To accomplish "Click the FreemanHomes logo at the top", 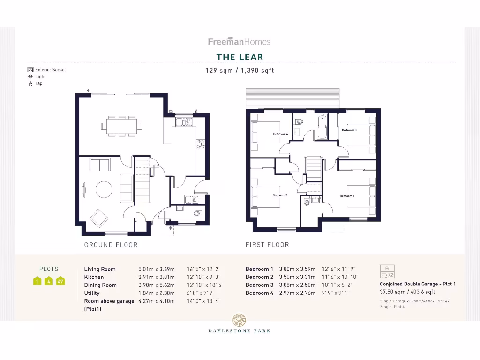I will (239, 42).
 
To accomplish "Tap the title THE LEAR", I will (240, 57).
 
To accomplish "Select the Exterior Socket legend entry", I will (47, 70).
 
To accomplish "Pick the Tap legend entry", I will (36, 83).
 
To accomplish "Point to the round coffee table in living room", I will (104, 189).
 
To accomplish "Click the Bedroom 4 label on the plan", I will (280, 134).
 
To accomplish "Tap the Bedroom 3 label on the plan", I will (349, 130).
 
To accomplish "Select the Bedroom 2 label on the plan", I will (280, 195).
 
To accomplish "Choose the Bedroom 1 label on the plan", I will (347, 195).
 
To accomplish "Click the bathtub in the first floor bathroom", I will (322, 127).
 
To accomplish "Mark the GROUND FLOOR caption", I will (111, 245).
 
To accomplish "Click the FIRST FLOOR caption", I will (267, 245).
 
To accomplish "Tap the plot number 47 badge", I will (60, 281).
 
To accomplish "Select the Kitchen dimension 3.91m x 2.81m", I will (156, 277).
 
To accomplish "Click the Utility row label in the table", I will (92, 293).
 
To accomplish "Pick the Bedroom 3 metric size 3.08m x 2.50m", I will (297, 285).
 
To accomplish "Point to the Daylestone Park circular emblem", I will (239, 320).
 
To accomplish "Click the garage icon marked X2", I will (387, 272).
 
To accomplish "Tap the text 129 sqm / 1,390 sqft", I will (240, 71).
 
